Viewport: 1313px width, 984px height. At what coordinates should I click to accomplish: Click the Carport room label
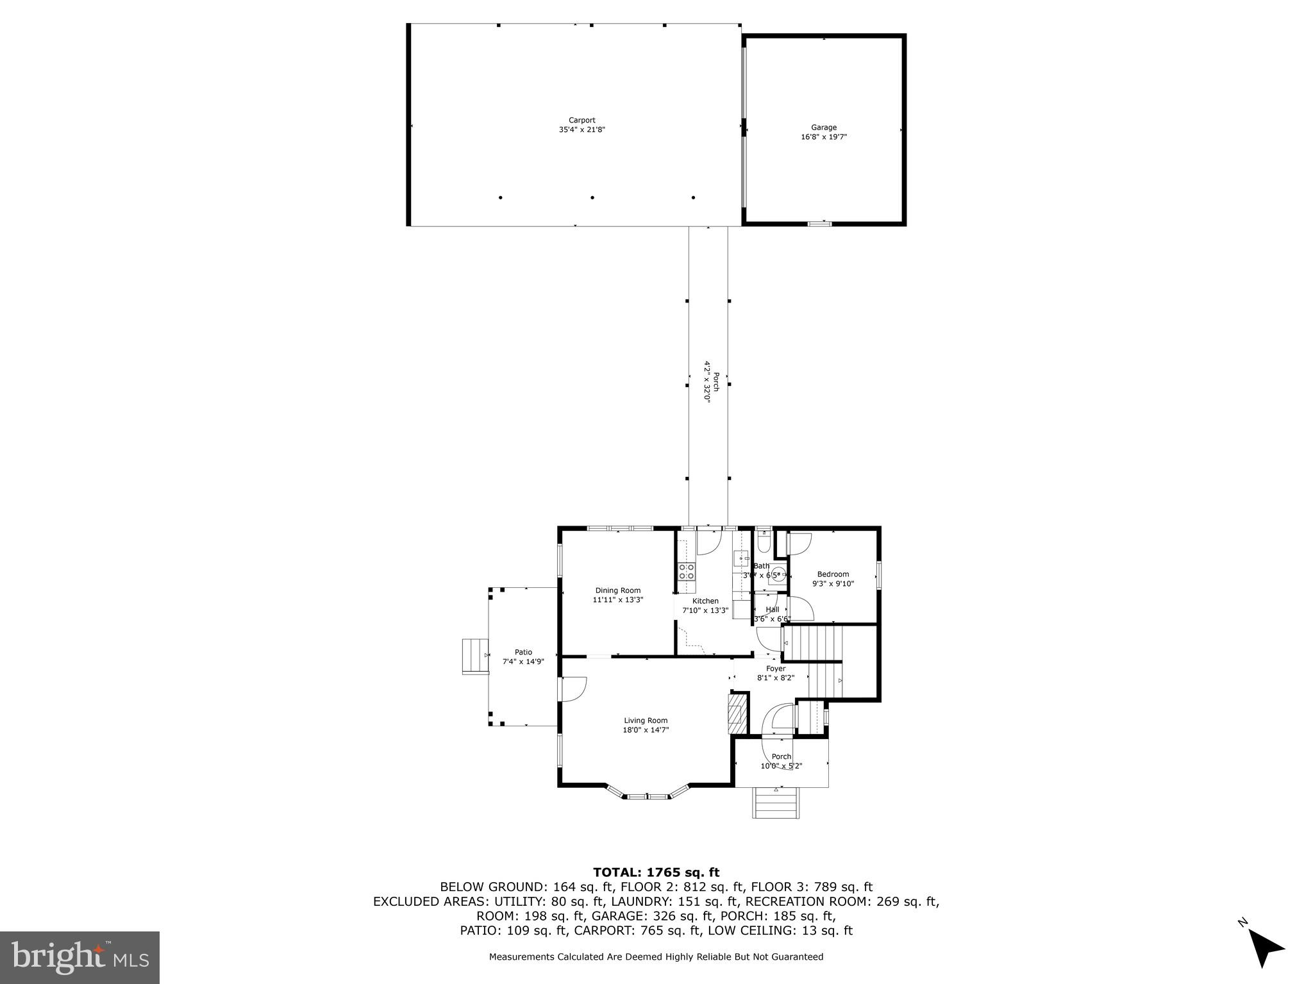click(x=581, y=120)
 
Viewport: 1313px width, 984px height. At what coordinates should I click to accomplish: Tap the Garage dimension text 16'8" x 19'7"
click(x=824, y=137)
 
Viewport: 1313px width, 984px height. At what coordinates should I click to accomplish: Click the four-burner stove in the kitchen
click(x=687, y=571)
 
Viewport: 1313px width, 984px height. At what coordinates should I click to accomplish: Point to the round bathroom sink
click(x=778, y=573)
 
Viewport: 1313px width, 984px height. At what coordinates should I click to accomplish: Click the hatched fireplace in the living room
click(x=737, y=713)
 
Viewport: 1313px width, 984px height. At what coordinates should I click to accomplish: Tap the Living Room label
click(x=646, y=721)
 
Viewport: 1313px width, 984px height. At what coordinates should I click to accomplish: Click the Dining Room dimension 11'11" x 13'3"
click(x=617, y=600)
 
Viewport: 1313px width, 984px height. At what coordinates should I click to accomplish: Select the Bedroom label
click(x=833, y=574)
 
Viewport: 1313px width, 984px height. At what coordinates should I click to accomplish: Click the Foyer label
click(x=775, y=669)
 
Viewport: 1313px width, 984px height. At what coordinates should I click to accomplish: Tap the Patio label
click(x=523, y=652)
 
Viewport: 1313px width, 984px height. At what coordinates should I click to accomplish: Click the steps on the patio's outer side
click(x=475, y=656)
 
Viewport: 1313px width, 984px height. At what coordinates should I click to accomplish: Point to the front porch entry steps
click(x=776, y=803)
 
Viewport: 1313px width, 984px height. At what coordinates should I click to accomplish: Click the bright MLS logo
click(x=79, y=957)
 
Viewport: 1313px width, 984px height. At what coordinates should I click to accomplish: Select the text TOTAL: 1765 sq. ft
click(x=656, y=872)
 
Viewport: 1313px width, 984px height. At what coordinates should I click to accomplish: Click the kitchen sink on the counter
click(x=742, y=559)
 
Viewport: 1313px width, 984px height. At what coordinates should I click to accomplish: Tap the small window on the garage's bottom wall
click(x=819, y=224)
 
